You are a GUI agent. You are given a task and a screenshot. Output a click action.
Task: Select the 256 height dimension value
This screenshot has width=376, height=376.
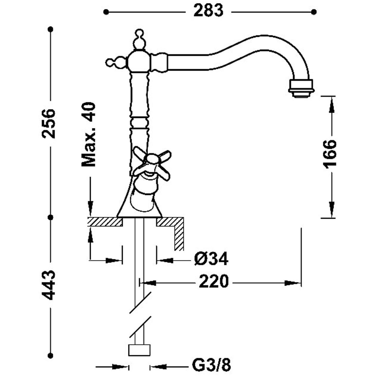point(49,124)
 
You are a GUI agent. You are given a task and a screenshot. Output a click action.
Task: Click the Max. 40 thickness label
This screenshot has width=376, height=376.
point(88,134)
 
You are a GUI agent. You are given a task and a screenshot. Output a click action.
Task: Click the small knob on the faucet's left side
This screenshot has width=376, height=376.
point(116,63)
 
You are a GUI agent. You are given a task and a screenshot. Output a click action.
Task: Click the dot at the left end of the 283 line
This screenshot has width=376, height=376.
point(106,12)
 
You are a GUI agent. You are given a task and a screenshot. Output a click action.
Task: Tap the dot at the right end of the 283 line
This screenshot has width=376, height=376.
point(314,12)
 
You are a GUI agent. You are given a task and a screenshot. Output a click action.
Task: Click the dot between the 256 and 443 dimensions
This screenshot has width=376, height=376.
point(51,217)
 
